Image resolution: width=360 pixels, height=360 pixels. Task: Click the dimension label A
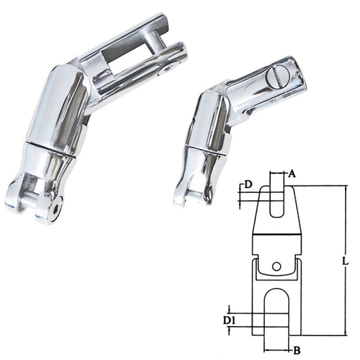tap(291, 174)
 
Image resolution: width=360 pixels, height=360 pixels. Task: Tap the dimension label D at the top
tap(248, 184)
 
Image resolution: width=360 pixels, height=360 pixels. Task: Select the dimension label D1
tap(230, 321)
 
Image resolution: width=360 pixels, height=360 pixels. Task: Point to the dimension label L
tap(345, 261)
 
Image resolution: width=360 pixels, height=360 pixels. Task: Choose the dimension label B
tap(297, 350)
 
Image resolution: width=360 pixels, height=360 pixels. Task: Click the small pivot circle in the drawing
tap(276, 266)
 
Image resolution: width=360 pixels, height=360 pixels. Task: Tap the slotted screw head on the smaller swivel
tap(277, 78)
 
